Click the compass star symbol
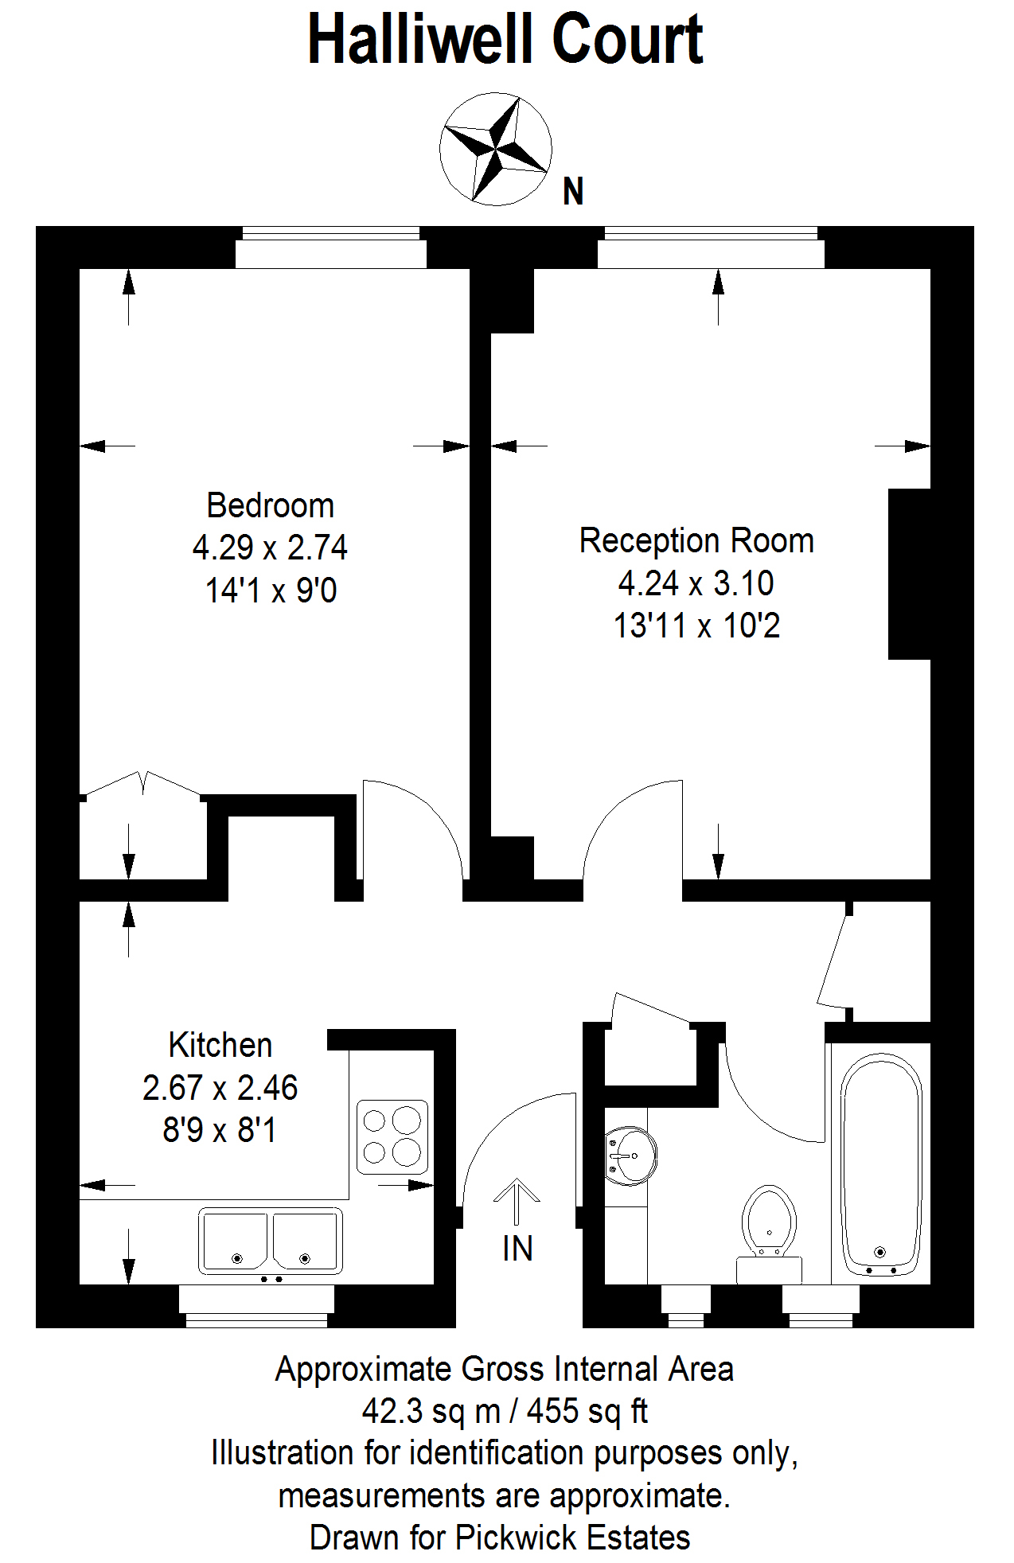[x=495, y=149]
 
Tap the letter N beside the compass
[x=573, y=192]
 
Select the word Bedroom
[x=271, y=505]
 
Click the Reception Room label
[x=696, y=540]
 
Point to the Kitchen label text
[x=220, y=1045]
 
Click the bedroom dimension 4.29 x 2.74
[x=271, y=548]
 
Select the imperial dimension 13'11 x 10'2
[x=696, y=626]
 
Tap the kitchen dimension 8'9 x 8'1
[x=220, y=1130]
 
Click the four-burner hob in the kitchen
[x=392, y=1137]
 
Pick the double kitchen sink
[x=271, y=1241]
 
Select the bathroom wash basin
[x=630, y=1156]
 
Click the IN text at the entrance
[x=517, y=1249]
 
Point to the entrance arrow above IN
[x=517, y=1201]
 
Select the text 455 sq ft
[x=587, y=1411]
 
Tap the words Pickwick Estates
[x=572, y=1538]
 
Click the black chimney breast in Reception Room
[x=910, y=574]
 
